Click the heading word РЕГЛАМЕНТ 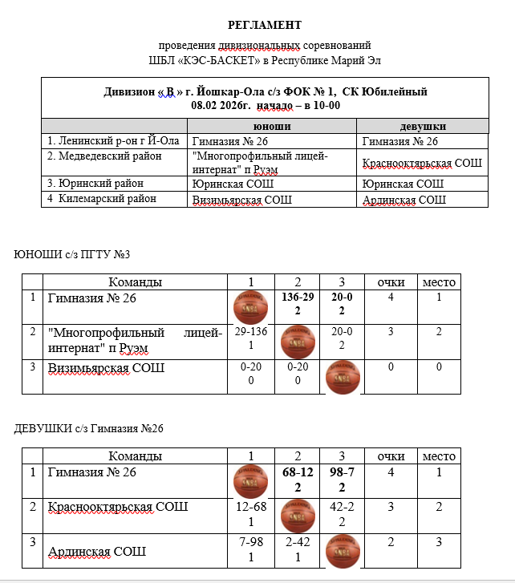265,25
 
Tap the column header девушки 423,127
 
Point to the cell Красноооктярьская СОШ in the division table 422,164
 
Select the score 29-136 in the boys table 251,331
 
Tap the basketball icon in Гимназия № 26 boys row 251,307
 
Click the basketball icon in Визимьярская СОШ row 342,378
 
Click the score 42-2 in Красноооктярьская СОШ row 342,506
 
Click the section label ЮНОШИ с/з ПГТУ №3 72,255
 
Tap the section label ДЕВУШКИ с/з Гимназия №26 89,429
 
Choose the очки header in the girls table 390,455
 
